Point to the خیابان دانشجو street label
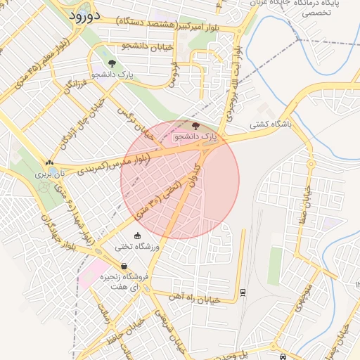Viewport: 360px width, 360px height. [x=146, y=46]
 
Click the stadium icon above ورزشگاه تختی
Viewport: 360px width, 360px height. [x=138, y=236]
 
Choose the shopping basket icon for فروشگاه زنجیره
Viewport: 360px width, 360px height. [x=124, y=266]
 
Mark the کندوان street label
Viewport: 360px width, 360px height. [x=193, y=169]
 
